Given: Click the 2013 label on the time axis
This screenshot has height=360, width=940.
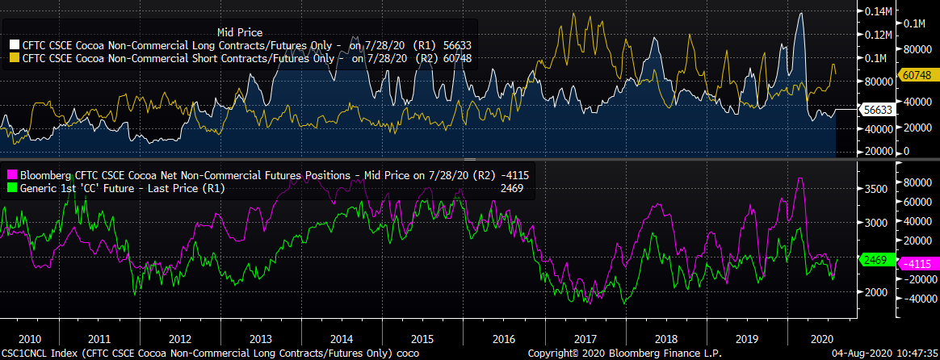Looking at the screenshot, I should pyautogui.click(x=262, y=338).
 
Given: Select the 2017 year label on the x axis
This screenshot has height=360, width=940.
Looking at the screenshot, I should pyautogui.click(x=585, y=338).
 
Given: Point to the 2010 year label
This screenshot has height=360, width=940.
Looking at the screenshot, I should pyautogui.click(x=19, y=338).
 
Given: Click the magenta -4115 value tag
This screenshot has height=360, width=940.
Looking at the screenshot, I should pyautogui.click(x=916, y=262).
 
